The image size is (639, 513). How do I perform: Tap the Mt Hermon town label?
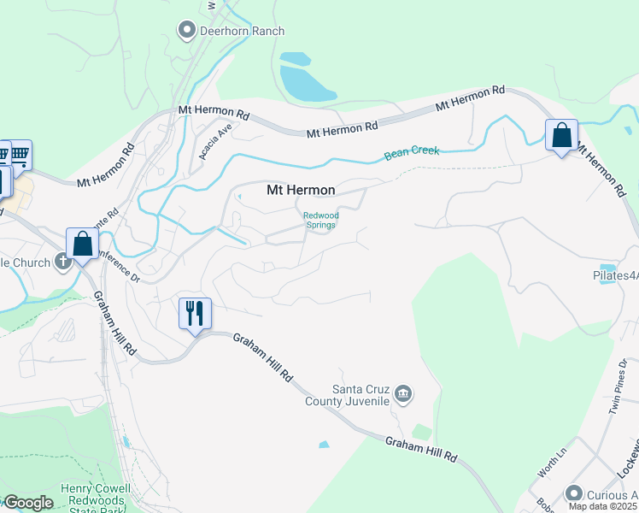[x=301, y=189]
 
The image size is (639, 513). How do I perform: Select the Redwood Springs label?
[x=321, y=221]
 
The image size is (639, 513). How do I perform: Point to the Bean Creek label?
[x=412, y=152]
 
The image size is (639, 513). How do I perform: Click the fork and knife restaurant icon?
[x=195, y=313]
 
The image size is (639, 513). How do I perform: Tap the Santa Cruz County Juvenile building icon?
[x=404, y=393]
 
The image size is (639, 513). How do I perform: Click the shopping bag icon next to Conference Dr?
[x=83, y=244]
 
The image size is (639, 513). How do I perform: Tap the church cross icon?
[x=63, y=262]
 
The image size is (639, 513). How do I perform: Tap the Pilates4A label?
[x=615, y=276]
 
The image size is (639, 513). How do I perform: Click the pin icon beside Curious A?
[x=574, y=493]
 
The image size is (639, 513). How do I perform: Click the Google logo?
[x=28, y=504]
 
